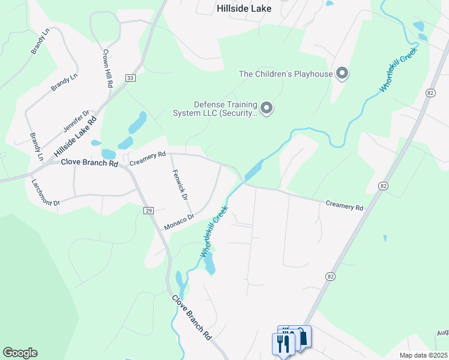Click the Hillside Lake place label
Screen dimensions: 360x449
pos(244,8)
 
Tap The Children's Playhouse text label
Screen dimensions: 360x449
pos(286,74)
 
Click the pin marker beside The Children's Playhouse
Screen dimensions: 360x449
pos(342,74)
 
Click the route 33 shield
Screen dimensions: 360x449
pos(131,78)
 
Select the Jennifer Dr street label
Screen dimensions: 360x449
pos(76,121)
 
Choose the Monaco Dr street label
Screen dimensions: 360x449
pos(179,222)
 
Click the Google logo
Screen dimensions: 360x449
pos(20,353)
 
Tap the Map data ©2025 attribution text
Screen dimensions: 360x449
pos(423,355)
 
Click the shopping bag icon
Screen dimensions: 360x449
pos(303,337)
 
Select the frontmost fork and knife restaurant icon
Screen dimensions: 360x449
pos(282,344)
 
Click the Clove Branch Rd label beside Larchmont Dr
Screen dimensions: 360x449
pos(88,163)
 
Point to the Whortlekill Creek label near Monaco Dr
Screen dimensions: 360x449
pos(214,232)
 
